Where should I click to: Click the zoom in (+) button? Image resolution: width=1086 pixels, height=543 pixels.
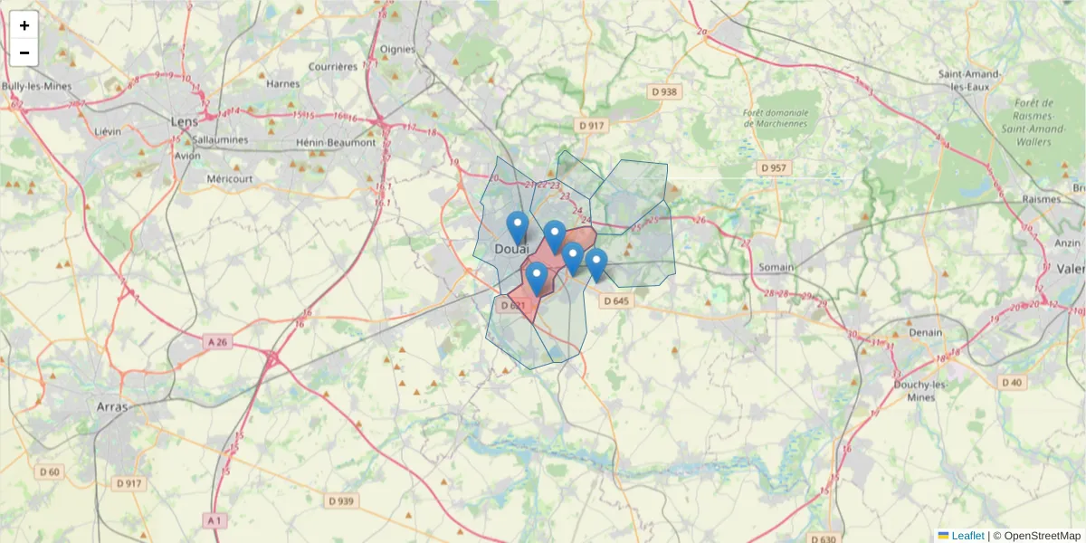(x=24, y=25)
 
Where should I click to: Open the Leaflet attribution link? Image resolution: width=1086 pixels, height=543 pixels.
(x=967, y=536)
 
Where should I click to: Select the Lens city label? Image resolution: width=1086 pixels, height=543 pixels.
(x=185, y=120)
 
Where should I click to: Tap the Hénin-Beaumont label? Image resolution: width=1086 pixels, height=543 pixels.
(x=335, y=142)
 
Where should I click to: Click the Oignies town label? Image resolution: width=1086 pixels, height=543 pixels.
(x=397, y=49)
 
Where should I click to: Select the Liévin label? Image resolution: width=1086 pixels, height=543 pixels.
(x=108, y=131)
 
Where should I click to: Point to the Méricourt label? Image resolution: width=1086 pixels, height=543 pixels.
(x=230, y=178)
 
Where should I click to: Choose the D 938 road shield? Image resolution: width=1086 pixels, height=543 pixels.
(x=664, y=91)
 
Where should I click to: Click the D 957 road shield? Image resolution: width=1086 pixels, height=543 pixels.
(x=775, y=168)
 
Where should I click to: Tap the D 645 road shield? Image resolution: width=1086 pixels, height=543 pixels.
(x=614, y=300)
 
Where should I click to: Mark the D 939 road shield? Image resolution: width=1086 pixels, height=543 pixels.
(x=342, y=500)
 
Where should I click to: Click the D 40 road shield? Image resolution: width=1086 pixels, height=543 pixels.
(x=1012, y=383)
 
